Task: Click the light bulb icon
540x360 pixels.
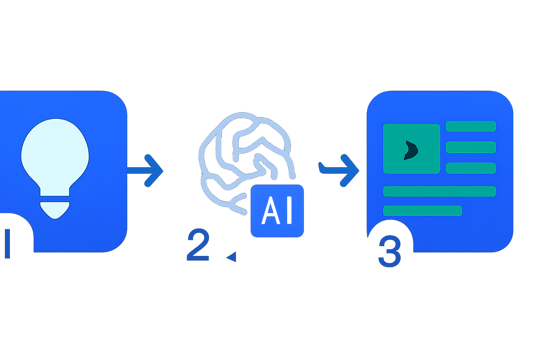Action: [55, 166]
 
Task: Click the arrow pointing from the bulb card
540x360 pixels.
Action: [145, 171]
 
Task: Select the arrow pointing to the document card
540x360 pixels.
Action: [339, 171]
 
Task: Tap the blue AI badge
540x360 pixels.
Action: [277, 211]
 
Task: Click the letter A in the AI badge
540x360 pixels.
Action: [271, 211]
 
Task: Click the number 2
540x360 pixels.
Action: [198, 244]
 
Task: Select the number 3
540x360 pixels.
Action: [390, 251]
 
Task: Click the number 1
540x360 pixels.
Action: [7, 244]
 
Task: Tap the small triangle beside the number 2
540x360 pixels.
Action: [231, 257]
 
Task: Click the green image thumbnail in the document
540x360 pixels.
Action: [412, 149]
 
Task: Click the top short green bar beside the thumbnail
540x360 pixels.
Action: [471, 126]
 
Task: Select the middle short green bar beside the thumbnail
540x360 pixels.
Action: [471, 147]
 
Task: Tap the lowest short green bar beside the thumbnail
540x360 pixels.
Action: [471, 168]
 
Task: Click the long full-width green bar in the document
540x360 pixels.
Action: [439, 192]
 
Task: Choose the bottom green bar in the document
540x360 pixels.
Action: [423, 211]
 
